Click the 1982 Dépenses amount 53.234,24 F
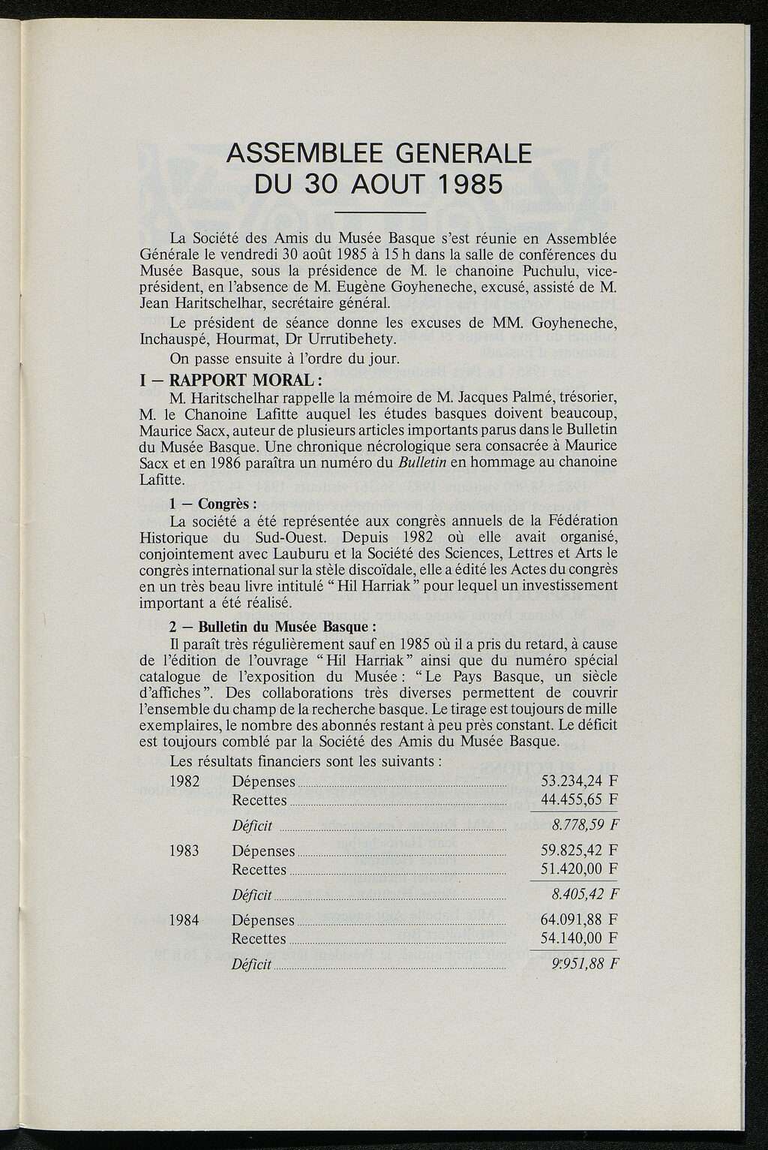click(580, 782)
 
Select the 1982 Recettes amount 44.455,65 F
click(580, 799)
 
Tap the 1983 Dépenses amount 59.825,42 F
click(580, 851)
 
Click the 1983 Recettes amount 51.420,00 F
click(580, 869)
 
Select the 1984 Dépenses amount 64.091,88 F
click(580, 920)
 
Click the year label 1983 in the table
click(184, 851)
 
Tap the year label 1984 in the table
click(184, 920)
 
